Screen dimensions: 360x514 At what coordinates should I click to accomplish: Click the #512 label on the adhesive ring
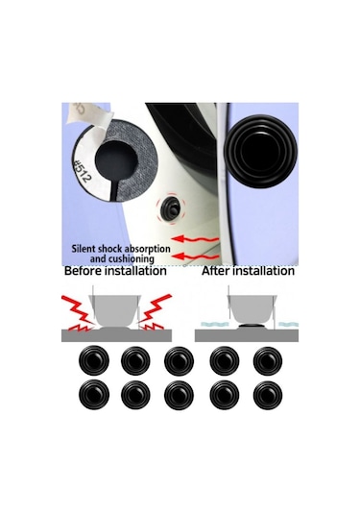click(83, 171)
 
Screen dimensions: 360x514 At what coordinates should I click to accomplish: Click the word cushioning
click(131, 259)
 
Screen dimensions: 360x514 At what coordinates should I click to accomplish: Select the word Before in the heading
click(84, 271)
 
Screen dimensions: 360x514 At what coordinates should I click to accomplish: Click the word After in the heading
click(217, 271)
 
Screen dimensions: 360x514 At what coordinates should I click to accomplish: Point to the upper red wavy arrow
click(195, 238)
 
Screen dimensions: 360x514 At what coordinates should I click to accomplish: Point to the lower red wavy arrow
click(195, 256)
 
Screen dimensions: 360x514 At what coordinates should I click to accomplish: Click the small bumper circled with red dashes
click(171, 208)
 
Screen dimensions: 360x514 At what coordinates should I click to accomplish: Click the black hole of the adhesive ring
click(113, 160)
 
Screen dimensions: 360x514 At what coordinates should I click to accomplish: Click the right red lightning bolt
click(155, 312)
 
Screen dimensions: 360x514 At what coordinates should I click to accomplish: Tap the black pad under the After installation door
click(252, 326)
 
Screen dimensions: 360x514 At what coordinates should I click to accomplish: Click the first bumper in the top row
click(94, 360)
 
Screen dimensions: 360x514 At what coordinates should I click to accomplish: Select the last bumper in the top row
click(268, 360)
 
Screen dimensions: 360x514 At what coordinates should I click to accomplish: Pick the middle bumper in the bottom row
click(179, 395)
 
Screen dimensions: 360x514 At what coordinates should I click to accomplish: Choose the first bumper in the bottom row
click(94, 395)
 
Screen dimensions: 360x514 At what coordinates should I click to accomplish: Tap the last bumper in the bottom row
click(268, 395)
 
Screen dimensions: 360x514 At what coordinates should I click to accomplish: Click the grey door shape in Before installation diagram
click(114, 310)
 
